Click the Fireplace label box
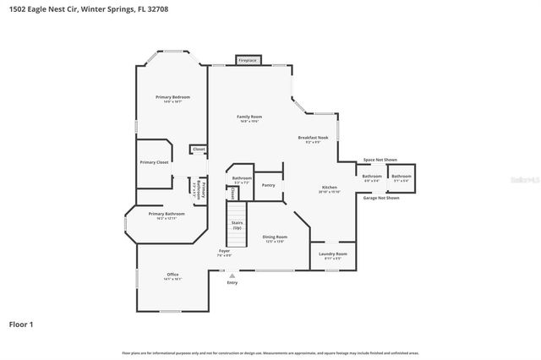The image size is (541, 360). (247, 61)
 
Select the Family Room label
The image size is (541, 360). (249, 118)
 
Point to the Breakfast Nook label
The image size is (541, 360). (313, 139)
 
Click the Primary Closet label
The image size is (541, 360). (154, 161)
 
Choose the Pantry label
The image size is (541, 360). (269, 184)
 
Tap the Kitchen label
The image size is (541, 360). (330, 189)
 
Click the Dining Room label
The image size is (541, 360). (275, 238)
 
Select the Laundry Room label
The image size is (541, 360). (332, 254)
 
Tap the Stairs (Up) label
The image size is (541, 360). (237, 226)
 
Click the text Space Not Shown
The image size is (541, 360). (380, 159)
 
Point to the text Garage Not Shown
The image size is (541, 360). (381, 198)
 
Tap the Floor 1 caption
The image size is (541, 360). (21, 324)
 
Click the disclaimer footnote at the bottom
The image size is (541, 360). (270, 352)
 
